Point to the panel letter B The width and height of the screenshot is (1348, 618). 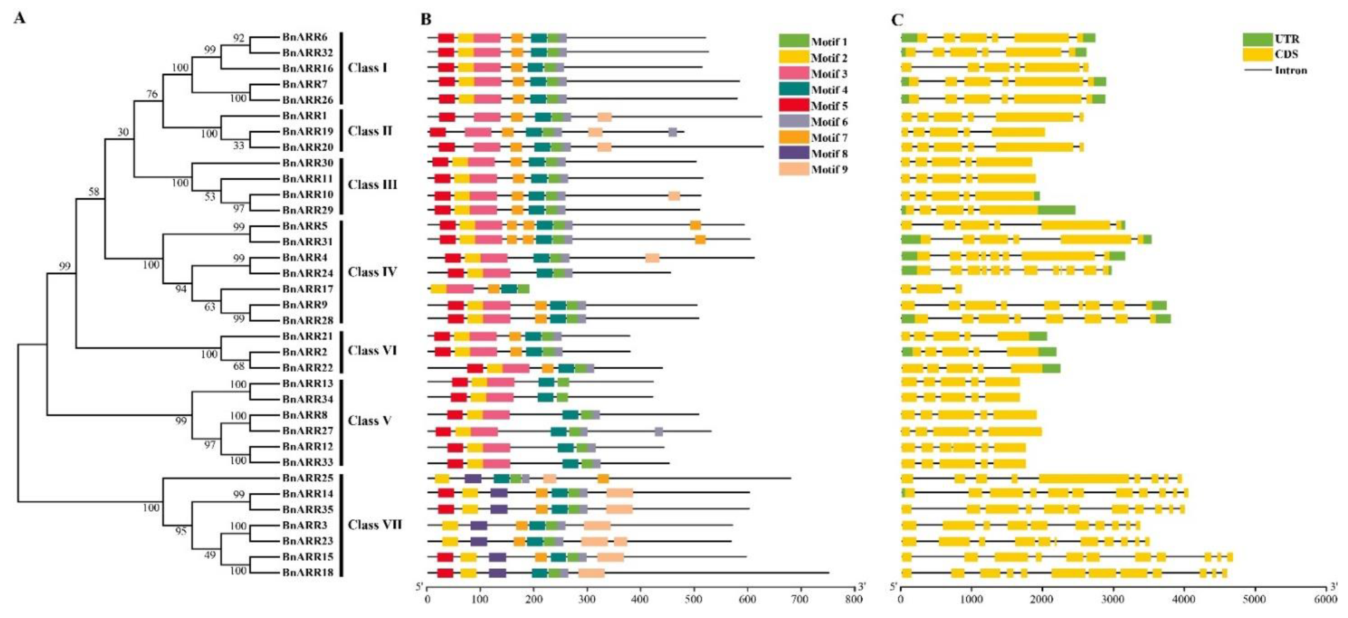tap(426, 20)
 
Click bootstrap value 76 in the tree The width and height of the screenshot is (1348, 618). tap(152, 94)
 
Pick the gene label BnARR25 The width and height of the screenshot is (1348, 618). tap(308, 478)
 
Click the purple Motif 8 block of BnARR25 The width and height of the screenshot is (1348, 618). tap(473, 478)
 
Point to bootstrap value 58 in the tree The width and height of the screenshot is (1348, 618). tap(94, 192)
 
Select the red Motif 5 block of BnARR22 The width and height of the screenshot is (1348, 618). tap(475, 368)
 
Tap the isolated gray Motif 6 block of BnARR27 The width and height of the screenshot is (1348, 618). tap(659, 431)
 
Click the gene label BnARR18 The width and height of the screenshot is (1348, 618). tap(308, 573)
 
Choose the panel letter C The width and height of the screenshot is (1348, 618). tap(897, 20)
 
